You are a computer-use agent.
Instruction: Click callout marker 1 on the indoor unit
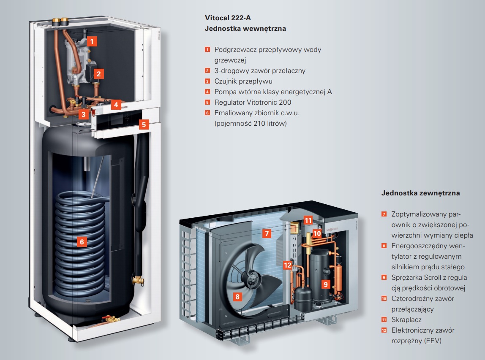pyautogui.click(x=92, y=41)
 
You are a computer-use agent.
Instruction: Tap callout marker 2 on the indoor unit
pyautogui.click(x=99, y=74)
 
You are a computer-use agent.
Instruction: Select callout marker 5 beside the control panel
pyautogui.click(x=144, y=125)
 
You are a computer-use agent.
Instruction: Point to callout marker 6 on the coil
pyautogui.click(x=82, y=242)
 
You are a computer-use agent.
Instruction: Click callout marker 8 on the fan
pyautogui.click(x=237, y=297)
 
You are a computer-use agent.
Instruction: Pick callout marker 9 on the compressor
pyautogui.click(x=326, y=284)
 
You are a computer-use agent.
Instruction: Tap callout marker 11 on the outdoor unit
pyautogui.click(x=308, y=220)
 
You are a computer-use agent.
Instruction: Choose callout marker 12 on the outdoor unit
pyautogui.click(x=288, y=265)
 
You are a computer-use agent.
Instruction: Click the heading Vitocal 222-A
pyautogui.click(x=228, y=18)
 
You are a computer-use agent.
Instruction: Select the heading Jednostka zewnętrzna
pyautogui.click(x=420, y=193)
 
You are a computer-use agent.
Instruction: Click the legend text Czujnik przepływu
pyautogui.click(x=243, y=81)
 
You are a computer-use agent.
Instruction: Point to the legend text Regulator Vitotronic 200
pyautogui.click(x=253, y=102)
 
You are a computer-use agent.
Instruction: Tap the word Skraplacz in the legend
pyautogui.click(x=406, y=319)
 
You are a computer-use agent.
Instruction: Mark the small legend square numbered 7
pyautogui.click(x=384, y=214)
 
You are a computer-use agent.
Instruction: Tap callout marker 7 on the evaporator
pyautogui.click(x=267, y=233)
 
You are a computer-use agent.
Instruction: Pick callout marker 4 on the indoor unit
pyautogui.click(x=116, y=105)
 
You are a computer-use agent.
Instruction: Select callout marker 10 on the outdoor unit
pyautogui.click(x=317, y=234)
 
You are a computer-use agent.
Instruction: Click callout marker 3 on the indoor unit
pyautogui.click(x=84, y=114)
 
